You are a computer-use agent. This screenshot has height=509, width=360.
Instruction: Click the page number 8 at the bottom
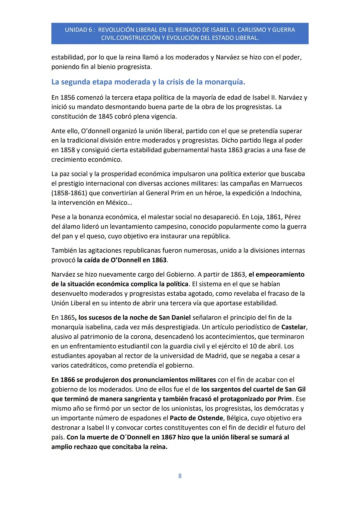(180, 476)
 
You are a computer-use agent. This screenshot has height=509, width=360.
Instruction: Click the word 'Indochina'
(286, 193)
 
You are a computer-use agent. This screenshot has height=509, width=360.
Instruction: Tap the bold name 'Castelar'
(293, 327)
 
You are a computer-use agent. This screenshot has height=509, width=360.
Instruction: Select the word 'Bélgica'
(237, 418)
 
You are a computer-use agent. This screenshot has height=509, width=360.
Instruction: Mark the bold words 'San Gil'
(295, 389)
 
